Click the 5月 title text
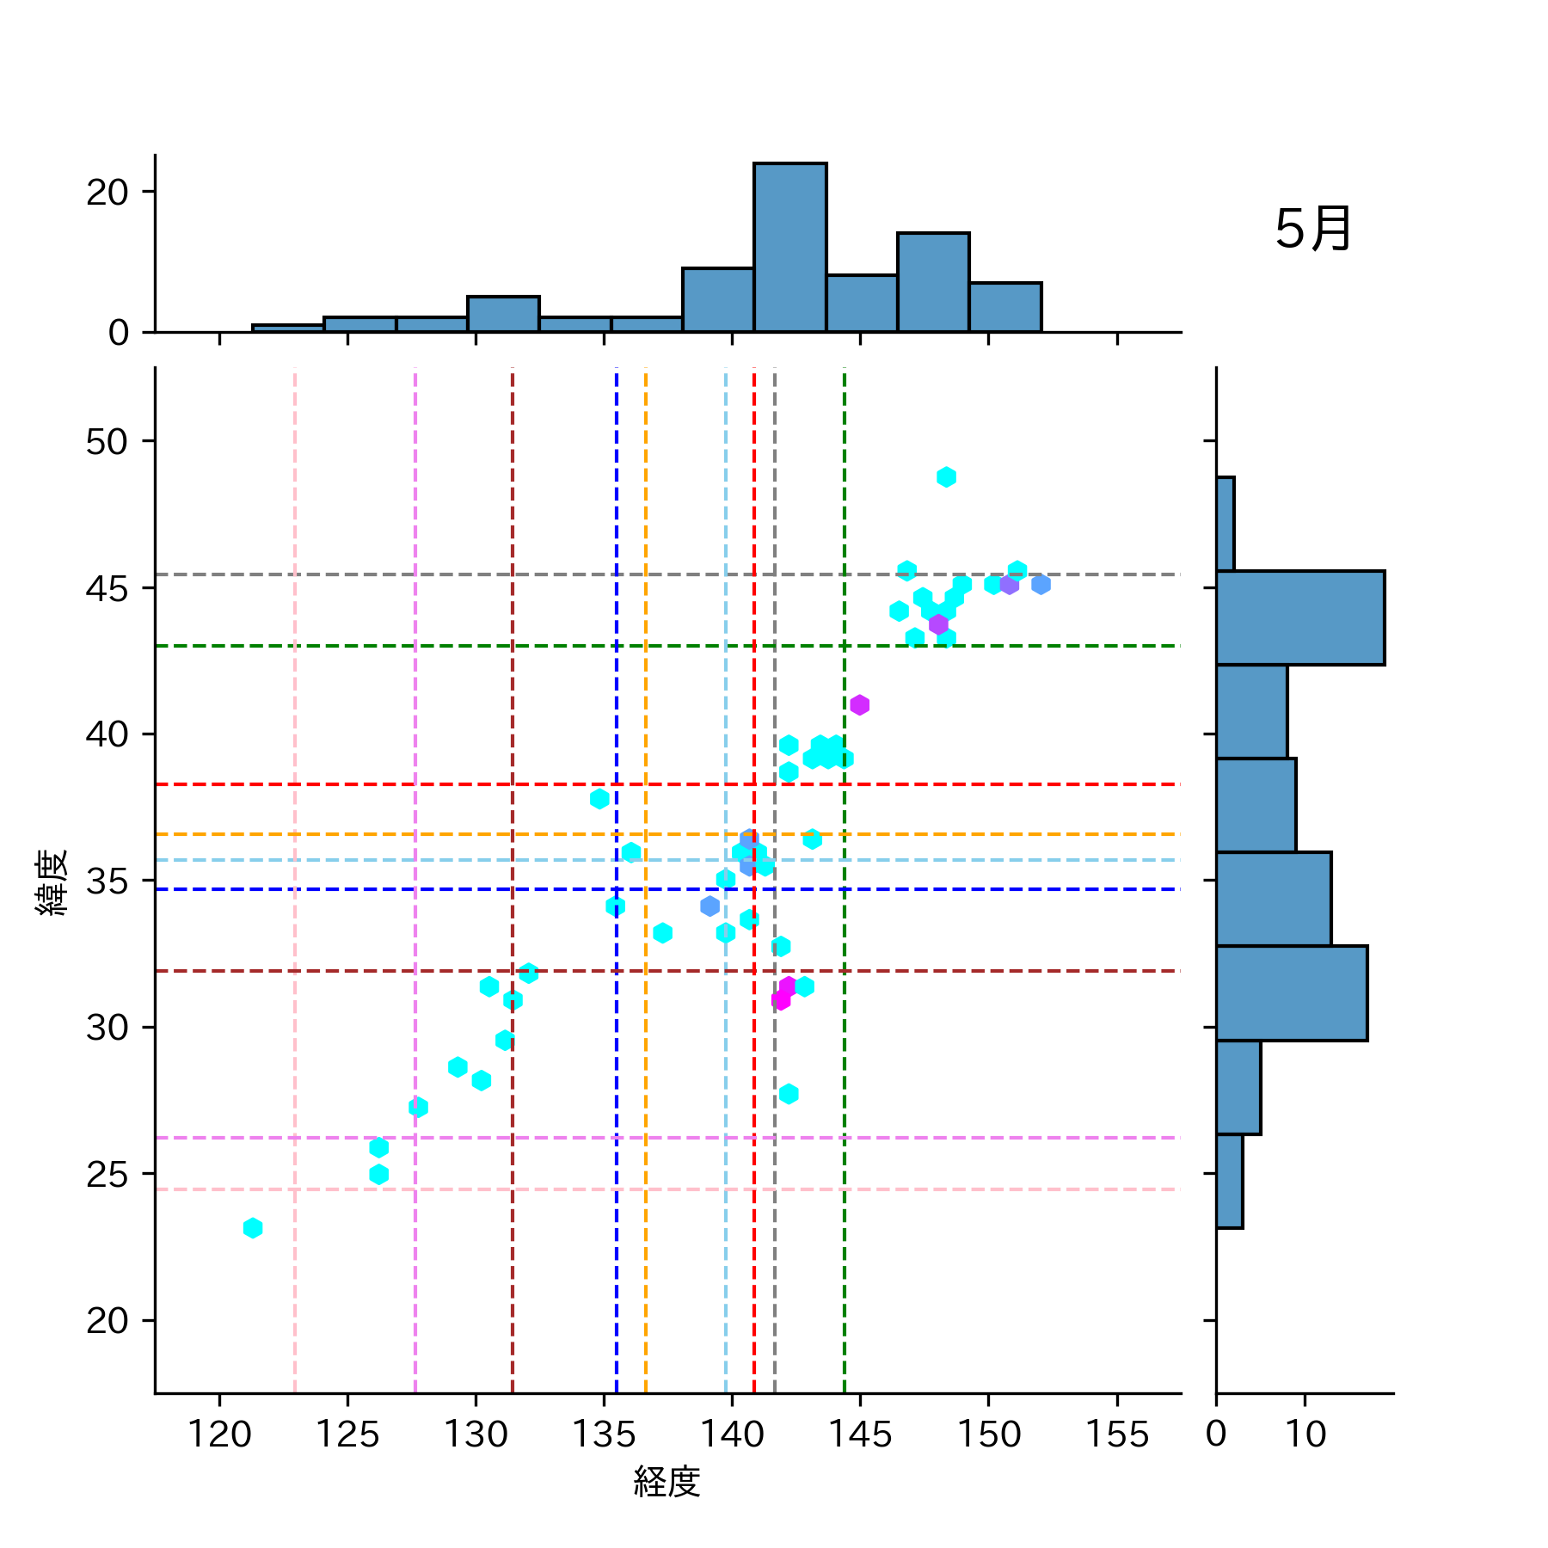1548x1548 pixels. [1312, 230]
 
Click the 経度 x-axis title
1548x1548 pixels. [667, 1481]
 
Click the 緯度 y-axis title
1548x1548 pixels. [52, 881]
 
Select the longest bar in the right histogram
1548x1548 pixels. [1299, 617]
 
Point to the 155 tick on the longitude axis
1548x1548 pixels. [1116, 1434]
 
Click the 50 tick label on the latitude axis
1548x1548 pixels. [107, 442]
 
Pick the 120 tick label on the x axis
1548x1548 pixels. [219, 1434]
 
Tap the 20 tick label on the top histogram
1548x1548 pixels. [107, 192]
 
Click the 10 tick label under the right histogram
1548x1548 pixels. [1305, 1434]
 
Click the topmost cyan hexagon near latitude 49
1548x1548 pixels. [946, 476]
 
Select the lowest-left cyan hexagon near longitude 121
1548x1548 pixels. [252, 1227]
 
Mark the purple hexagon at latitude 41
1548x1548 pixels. [859, 705]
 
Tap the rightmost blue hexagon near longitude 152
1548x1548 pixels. [1041, 585]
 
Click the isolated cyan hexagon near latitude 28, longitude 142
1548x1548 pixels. [789, 1094]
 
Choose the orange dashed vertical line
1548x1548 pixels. [646, 1118]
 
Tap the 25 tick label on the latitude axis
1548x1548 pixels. [107, 1175]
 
